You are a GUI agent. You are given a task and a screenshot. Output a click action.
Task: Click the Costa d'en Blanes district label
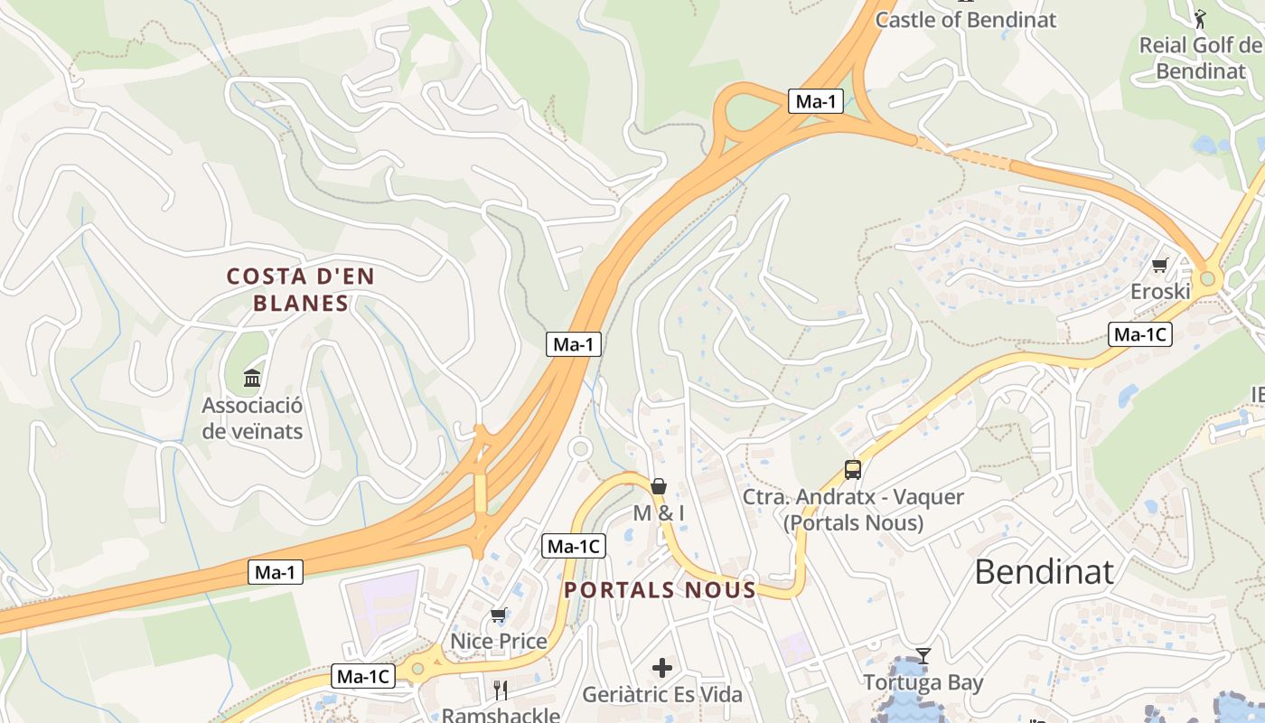300,289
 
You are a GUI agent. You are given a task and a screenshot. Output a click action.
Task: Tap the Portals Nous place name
660,591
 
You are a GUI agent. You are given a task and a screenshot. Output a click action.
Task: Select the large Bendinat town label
1044,572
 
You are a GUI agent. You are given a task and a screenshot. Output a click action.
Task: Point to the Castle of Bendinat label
965,20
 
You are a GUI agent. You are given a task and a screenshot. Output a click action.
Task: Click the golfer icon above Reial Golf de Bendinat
1200,19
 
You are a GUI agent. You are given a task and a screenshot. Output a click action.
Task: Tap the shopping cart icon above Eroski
1160,265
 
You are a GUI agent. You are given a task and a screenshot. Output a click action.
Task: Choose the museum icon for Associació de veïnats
252,377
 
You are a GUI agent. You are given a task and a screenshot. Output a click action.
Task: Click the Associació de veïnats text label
252,418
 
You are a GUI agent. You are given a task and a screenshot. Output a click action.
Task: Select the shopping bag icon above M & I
659,486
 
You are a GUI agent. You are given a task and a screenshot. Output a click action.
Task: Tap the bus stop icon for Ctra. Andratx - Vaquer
853,469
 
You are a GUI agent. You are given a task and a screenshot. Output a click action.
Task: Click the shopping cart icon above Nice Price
498,615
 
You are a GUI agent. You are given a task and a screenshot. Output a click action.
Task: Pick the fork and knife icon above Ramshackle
501,690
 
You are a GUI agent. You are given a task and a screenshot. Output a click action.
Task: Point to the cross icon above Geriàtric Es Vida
662,668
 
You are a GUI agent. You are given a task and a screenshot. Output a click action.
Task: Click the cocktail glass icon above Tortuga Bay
923,655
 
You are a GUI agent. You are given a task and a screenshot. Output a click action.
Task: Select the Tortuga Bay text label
923,682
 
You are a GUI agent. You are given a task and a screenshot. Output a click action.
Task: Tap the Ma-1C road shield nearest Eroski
1139,335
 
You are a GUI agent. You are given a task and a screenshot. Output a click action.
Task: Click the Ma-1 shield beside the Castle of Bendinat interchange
816,101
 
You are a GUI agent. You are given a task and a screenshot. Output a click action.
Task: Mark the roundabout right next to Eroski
1208,278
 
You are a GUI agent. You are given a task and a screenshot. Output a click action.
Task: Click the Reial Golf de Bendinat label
1200,58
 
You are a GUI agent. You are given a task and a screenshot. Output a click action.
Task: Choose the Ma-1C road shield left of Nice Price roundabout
363,676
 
